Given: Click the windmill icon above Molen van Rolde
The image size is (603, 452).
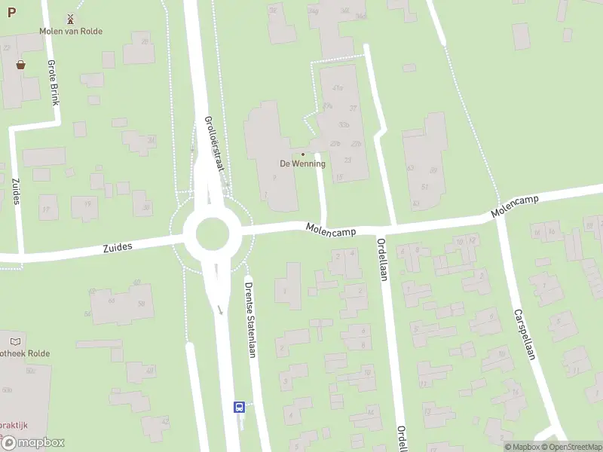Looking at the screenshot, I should (72, 18).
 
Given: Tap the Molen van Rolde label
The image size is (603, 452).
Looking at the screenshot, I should (72, 31).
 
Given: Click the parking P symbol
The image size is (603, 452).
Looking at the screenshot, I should (11, 13).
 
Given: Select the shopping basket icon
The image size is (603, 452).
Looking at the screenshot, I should (20, 65).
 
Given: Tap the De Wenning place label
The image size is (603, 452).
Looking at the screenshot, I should (302, 163).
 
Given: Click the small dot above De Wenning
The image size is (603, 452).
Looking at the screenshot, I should (303, 154).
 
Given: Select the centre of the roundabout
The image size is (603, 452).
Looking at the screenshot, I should (212, 234).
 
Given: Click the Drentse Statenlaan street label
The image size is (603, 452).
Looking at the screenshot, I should (249, 319).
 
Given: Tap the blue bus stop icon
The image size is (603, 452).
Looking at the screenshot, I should (239, 408).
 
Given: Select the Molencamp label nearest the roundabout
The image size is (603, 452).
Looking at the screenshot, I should (330, 228).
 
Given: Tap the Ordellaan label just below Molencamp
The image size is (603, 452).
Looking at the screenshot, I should (382, 259).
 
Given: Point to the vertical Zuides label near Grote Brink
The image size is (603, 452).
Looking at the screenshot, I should (16, 191).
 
